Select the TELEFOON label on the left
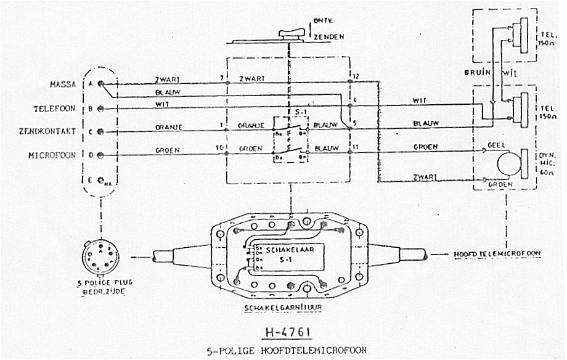click(54, 108)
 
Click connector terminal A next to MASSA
click(100, 84)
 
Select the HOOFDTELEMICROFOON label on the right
click(497, 253)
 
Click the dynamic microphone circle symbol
click(508, 165)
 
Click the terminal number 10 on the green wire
click(219, 149)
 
